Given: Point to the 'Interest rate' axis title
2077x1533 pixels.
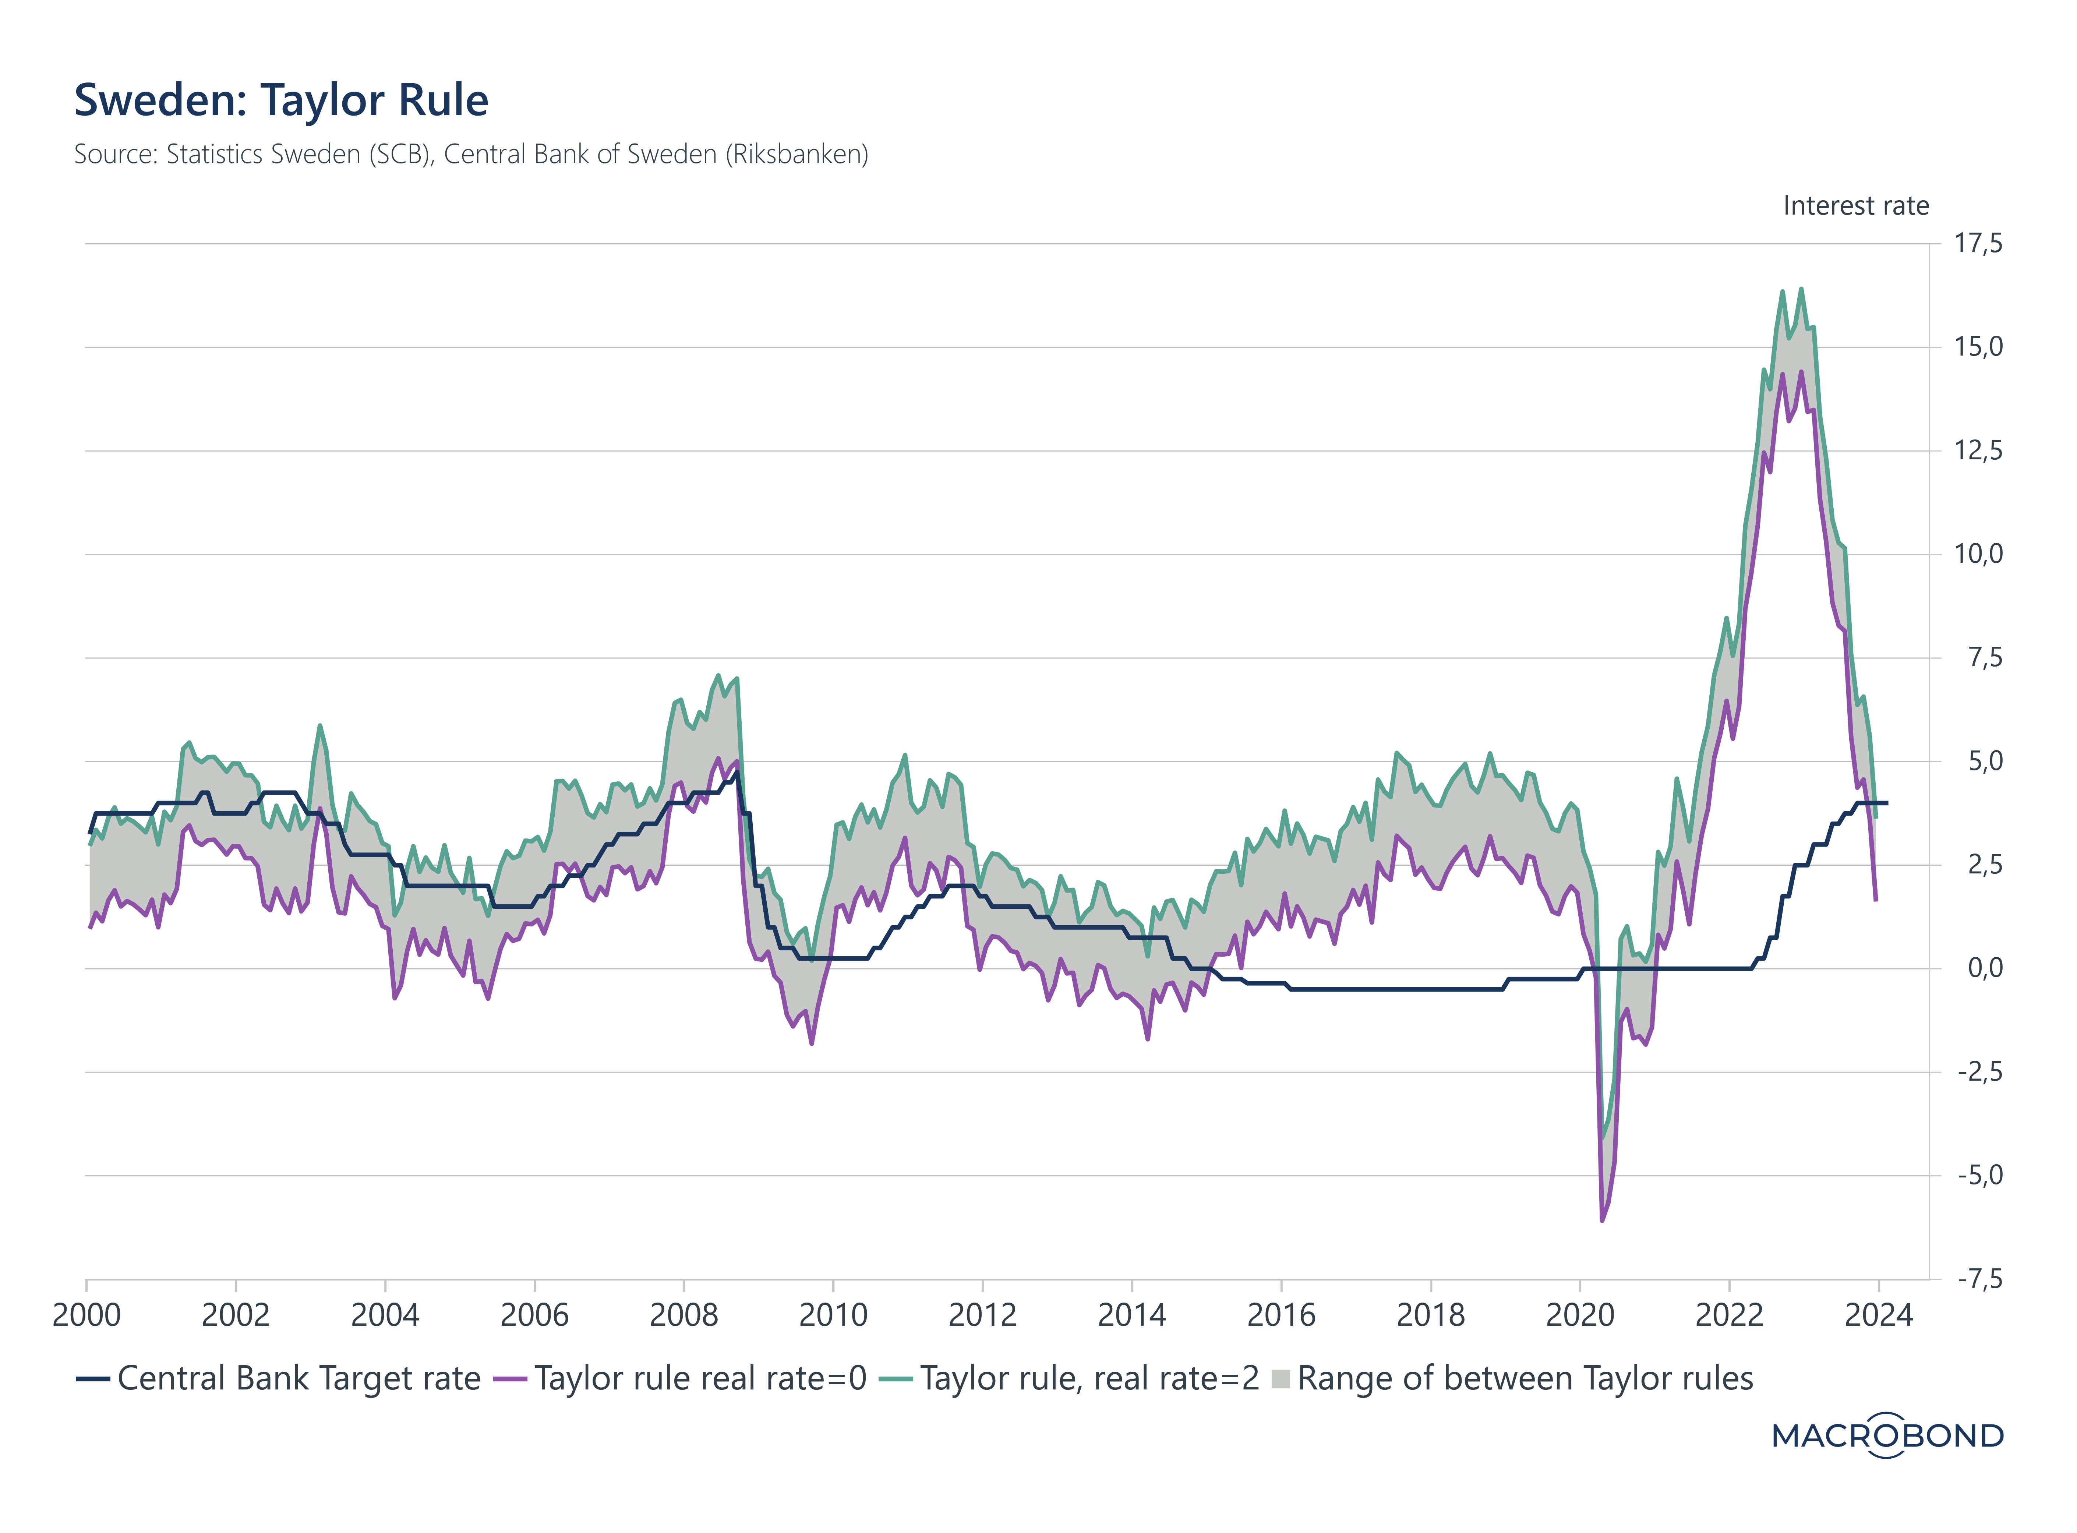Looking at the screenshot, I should (1855, 206).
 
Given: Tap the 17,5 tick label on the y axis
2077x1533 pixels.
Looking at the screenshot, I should (1978, 244).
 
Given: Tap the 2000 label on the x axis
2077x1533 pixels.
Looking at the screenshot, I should (86, 1315).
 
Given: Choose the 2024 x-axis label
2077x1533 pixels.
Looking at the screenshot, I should (1878, 1315).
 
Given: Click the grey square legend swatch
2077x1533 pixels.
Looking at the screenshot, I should (1281, 1379).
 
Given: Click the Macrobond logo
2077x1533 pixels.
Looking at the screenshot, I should (1888, 1435).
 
